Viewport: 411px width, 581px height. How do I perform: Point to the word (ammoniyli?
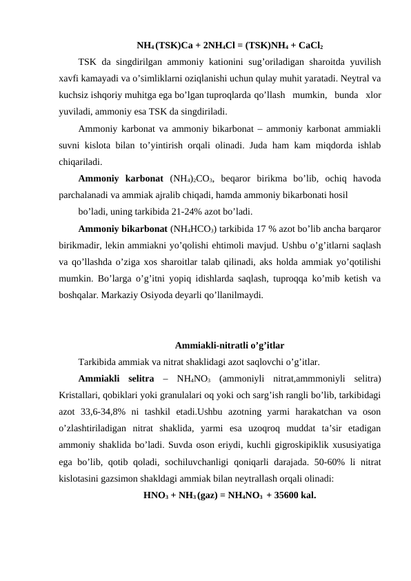click(x=242, y=377)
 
